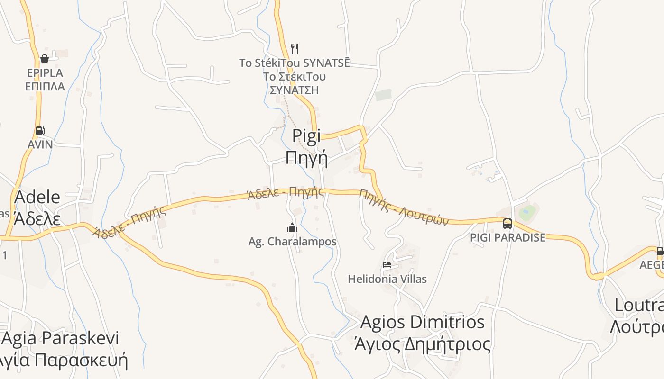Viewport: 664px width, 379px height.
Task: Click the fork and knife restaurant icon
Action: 295,48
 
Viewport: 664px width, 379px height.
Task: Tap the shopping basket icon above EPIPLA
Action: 45,59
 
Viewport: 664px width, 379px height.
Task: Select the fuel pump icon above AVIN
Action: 40,131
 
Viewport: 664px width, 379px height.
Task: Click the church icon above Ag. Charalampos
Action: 292,227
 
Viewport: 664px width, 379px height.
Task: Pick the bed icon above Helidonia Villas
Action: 387,265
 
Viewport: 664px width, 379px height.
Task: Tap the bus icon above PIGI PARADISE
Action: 507,223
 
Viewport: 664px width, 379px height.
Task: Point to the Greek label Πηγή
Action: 306,158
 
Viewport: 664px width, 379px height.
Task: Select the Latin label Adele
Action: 37,197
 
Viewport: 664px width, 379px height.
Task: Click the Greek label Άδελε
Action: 37,219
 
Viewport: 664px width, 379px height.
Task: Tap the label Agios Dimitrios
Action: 423,322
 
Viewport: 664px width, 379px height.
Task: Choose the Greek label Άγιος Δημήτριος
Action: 423,344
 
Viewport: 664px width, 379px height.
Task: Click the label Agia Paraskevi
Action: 61,338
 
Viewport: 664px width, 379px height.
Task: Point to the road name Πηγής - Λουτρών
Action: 404,207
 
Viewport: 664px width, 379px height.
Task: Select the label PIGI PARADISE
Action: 507,237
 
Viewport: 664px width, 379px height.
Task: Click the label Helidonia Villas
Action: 387,279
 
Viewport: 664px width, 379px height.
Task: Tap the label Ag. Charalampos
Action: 292,242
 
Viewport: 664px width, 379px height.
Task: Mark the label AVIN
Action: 40,144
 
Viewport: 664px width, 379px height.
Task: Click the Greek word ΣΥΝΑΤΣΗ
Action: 294,90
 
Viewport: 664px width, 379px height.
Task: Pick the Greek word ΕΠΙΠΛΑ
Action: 45,87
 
